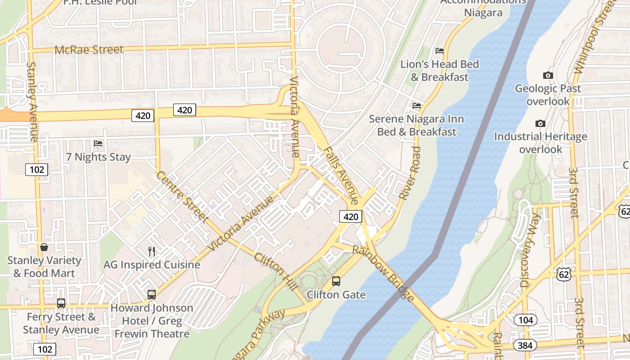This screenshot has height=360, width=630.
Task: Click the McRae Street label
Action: tap(89, 49)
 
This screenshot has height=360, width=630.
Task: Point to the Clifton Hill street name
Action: tap(275, 272)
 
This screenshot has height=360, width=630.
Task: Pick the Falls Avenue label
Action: tap(342, 175)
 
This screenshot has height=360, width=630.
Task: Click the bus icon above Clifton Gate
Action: tap(336, 281)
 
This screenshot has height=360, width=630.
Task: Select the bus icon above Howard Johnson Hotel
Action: tap(152, 295)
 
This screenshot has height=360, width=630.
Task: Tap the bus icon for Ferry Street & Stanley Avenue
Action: tap(61, 303)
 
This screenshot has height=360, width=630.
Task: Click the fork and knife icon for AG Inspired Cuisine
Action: tap(152, 251)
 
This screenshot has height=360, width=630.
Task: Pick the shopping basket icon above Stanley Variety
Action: tap(44, 247)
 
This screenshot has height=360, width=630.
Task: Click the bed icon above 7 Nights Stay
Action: tap(98, 144)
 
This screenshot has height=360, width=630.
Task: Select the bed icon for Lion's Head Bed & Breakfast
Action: tap(440, 50)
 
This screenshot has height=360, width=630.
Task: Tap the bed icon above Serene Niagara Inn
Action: tap(417, 106)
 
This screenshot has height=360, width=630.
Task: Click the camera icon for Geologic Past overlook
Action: tap(548, 75)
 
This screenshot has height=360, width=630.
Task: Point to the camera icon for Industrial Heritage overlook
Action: tap(540, 123)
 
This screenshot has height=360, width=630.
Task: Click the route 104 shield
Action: tap(525, 320)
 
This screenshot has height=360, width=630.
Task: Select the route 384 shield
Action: tap(525, 345)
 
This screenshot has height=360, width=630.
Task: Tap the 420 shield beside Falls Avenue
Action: tap(351, 216)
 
